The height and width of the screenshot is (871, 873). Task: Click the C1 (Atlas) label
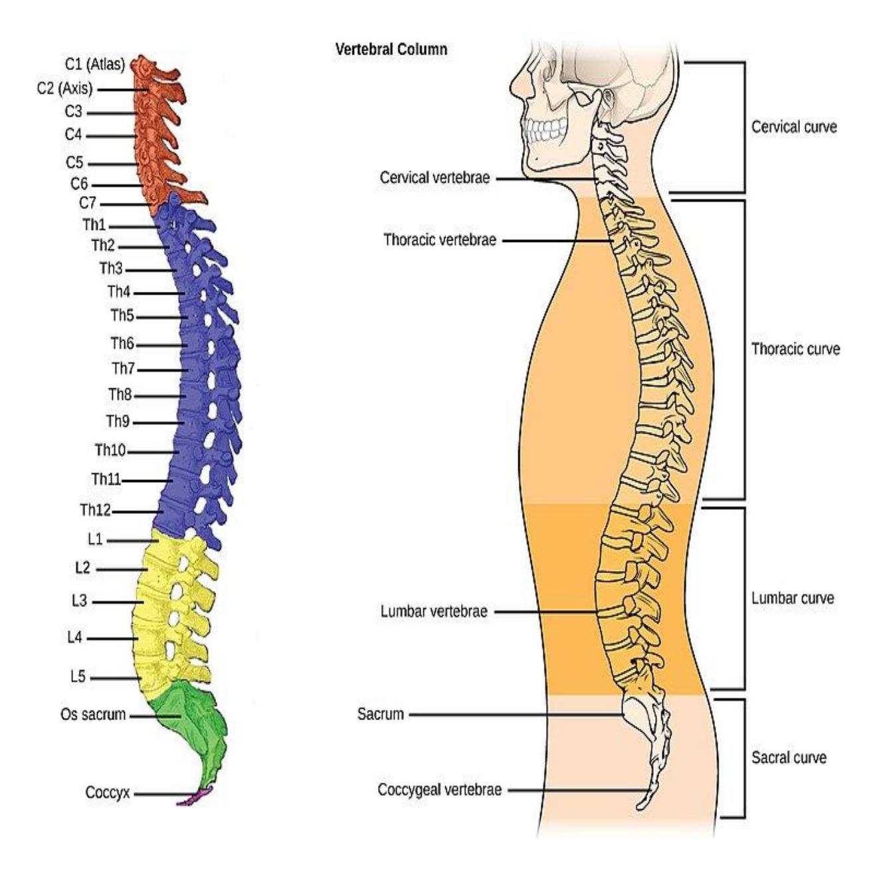pyautogui.click(x=95, y=64)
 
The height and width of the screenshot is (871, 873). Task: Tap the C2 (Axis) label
pyautogui.click(x=65, y=88)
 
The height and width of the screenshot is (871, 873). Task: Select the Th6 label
pyautogui.click(x=122, y=343)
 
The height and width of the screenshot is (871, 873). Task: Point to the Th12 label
pyautogui.click(x=96, y=510)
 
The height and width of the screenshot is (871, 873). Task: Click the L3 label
pyautogui.click(x=79, y=600)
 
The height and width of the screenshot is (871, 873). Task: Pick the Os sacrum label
pyautogui.click(x=93, y=714)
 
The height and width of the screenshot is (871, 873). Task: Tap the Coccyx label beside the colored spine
pyautogui.click(x=108, y=793)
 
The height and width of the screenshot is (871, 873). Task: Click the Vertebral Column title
pyautogui.click(x=391, y=49)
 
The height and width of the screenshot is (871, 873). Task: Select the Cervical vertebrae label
pyautogui.click(x=435, y=178)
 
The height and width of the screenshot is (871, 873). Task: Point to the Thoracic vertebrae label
pyautogui.click(x=440, y=239)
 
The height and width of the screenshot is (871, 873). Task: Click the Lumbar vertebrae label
pyautogui.click(x=434, y=611)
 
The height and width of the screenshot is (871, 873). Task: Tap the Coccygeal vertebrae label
pyautogui.click(x=439, y=789)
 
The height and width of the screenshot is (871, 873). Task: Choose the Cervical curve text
pyautogui.click(x=794, y=127)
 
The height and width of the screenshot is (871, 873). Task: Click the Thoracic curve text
pyautogui.click(x=795, y=348)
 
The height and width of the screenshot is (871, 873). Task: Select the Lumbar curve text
pyautogui.click(x=793, y=598)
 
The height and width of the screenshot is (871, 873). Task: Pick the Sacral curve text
pyautogui.click(x=789, y=757)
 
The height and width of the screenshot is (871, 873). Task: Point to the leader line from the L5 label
pyautogui.click(x=116, y=678)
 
